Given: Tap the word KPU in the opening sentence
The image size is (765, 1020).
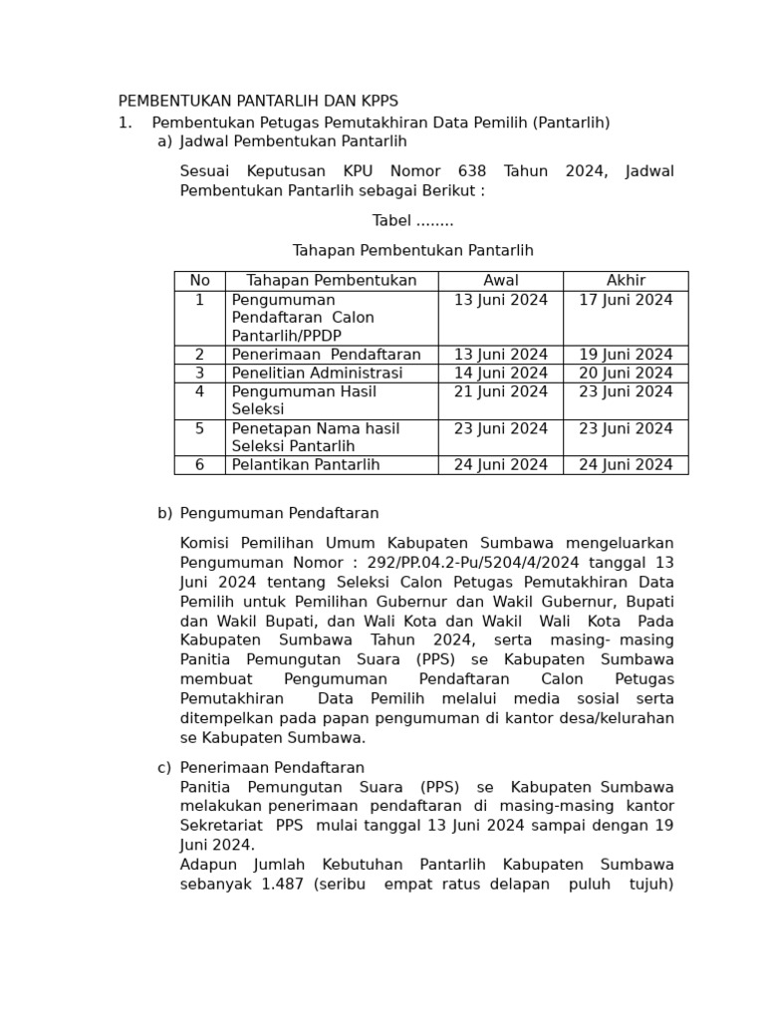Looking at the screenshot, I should pos(358,171).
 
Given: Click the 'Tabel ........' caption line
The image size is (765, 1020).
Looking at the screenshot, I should pos(412,221).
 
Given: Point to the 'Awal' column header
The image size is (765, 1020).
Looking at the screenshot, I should pos(501,281).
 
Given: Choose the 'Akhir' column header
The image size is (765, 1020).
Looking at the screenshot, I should pos(626,281).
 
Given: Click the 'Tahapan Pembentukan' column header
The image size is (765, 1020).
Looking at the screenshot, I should pos(332,281).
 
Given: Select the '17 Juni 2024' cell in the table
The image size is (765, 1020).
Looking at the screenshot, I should pos(626,300).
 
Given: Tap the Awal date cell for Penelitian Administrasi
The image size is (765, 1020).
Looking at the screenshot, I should pos(501,374).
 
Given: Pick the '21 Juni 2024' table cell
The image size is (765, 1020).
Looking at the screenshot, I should pos(501,392).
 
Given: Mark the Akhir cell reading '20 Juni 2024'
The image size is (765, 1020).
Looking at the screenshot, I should pos(626,374).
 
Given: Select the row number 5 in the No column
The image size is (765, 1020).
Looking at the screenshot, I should pos(199,429).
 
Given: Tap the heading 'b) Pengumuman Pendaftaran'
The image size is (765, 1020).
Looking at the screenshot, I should pos(269,514).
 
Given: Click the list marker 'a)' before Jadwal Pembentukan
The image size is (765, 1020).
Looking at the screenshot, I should pos(164,142).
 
